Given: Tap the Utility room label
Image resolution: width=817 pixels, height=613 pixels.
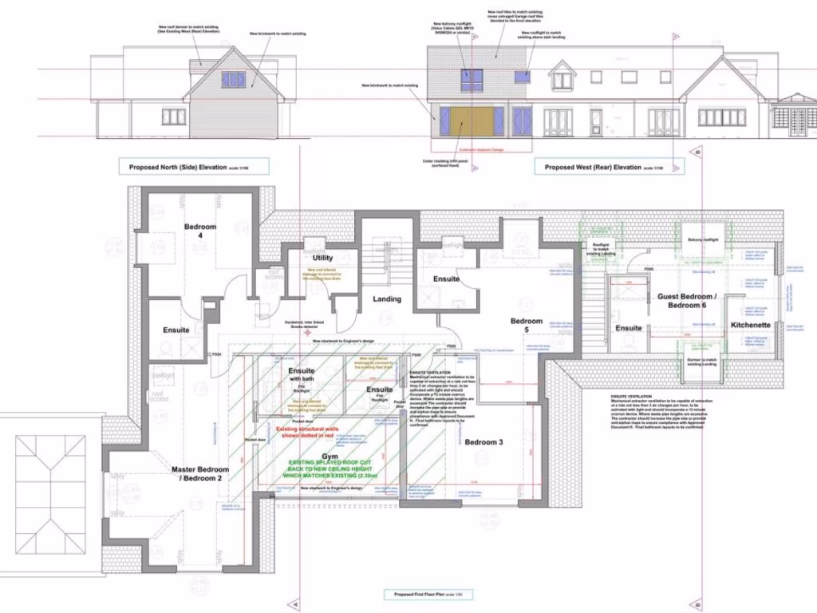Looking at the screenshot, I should (322, 258).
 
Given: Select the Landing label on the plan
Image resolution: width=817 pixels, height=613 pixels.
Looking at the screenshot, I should (386, 299).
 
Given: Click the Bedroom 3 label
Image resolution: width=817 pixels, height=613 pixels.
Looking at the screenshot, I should (483, 441).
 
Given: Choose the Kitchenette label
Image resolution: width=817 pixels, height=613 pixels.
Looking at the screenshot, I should (750, 326).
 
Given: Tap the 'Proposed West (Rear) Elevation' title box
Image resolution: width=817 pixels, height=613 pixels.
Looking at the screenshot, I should (592, 167).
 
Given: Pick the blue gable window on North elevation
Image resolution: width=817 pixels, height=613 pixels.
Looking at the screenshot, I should (233, 79).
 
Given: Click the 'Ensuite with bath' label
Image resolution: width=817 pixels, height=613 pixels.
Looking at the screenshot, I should (301, 376).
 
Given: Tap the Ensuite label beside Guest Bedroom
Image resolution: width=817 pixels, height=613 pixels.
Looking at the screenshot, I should (629, 327).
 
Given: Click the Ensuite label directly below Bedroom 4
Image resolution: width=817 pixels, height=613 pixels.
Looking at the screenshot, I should (176, 329).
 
